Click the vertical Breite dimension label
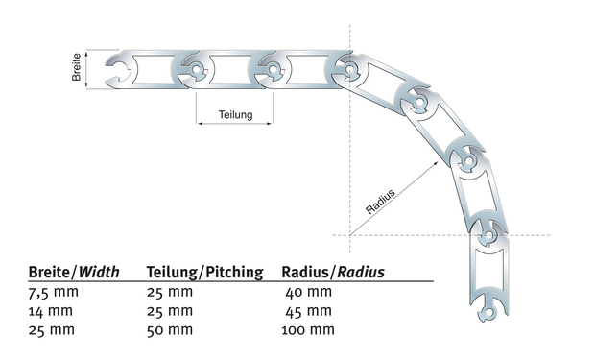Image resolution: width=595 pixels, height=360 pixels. tap(76, 67)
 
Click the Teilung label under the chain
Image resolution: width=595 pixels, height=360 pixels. tap(235, 114)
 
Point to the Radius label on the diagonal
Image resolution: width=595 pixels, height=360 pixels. tap(380, 202)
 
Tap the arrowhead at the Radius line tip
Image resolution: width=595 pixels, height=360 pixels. tap(436, 162)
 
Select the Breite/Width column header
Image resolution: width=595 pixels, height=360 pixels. tap(74, 272)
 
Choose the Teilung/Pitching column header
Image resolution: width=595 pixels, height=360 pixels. tap(205, 272)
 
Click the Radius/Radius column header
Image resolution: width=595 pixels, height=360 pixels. tap(333, 272)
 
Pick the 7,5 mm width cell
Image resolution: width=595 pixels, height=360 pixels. tap(54, 292)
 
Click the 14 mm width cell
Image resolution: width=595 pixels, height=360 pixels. tap(51, 311)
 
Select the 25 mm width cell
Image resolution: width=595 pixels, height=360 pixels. tap(52, 329)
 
